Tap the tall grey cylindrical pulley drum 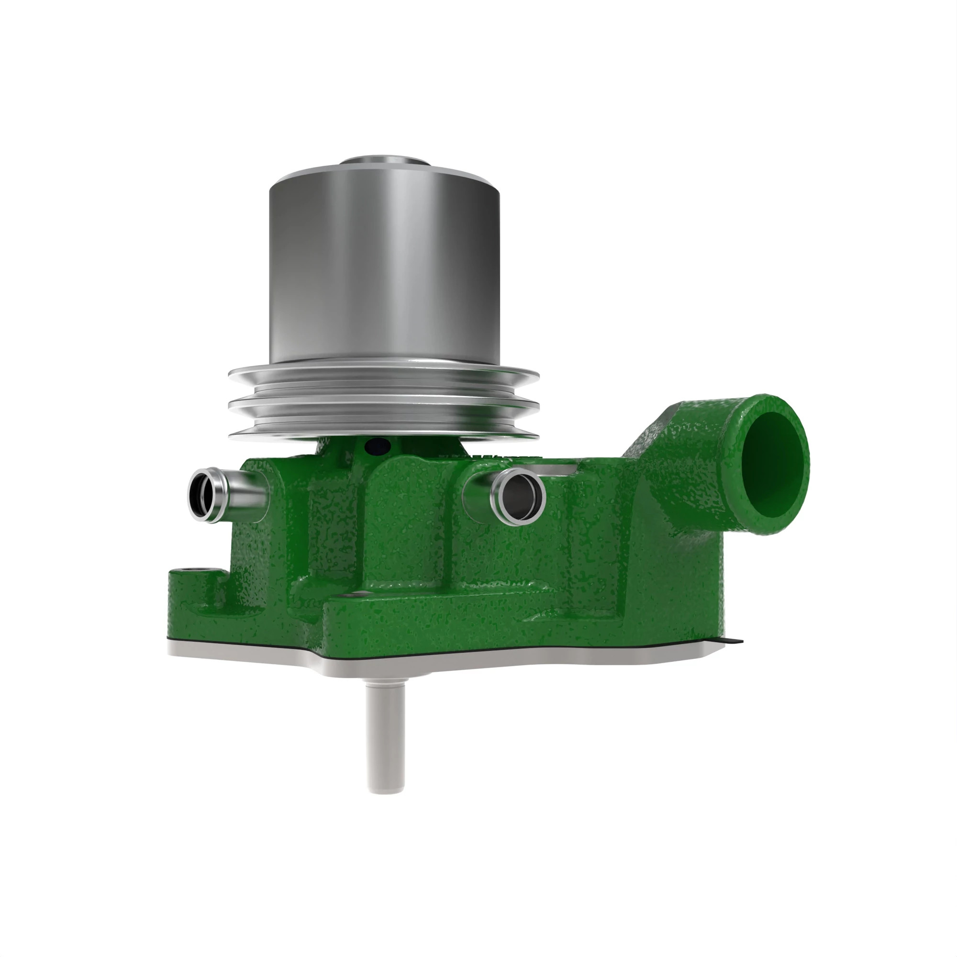click(384, 267)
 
